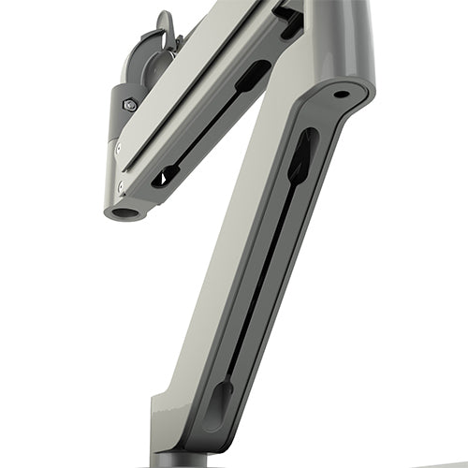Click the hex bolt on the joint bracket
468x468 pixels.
[x=129, y=105]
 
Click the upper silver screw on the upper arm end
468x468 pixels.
[x=119, y=147]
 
